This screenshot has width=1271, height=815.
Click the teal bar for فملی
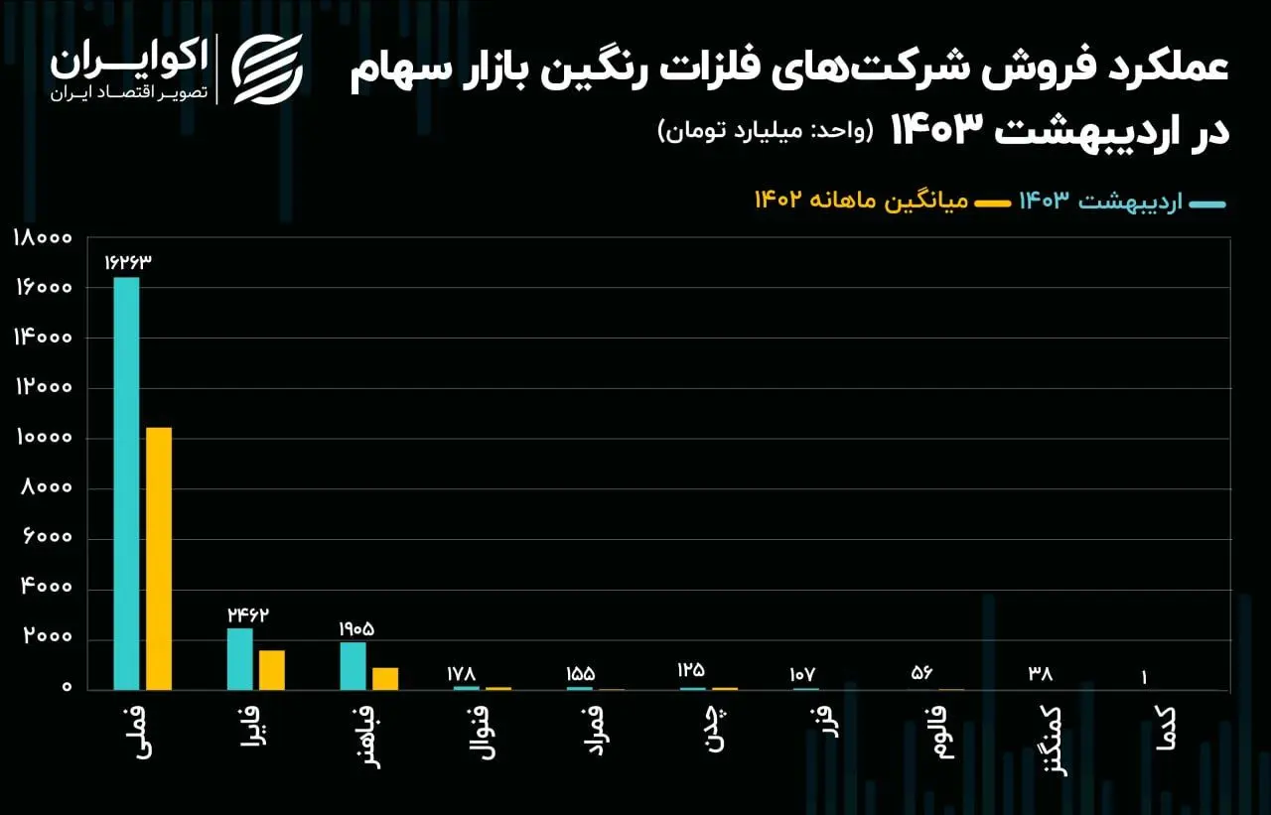126,482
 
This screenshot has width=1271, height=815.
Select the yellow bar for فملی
159,558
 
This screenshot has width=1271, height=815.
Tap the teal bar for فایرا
239,658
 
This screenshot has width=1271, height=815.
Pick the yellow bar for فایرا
272,669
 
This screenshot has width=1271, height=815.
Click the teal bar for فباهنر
353,665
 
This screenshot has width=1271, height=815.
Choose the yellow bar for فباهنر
385,678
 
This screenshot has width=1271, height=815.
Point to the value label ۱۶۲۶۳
127,262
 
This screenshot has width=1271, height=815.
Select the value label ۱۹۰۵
356,628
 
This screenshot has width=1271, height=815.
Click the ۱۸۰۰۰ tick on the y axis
43,237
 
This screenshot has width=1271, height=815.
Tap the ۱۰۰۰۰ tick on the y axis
43,438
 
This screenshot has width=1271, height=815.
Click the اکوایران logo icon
267,68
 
